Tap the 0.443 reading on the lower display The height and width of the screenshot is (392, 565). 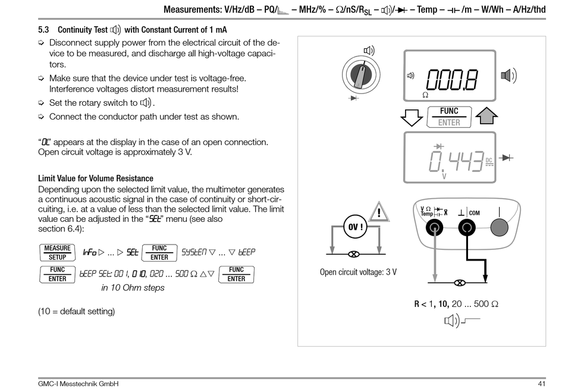point(455,161)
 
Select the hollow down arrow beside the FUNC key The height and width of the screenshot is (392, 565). point(412,117)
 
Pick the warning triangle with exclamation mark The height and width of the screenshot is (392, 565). point(378,211)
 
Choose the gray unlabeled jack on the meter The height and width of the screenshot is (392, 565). point(500,227)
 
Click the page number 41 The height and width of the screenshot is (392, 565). point(541,384)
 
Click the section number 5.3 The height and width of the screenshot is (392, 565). point(44,30)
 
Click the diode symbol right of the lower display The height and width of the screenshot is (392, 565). point(507,158)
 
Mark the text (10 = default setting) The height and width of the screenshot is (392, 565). point(76,311)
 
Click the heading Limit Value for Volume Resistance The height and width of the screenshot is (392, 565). point(95,178)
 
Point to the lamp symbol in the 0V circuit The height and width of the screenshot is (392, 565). point(353,254)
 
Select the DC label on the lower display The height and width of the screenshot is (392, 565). point(489,161)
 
